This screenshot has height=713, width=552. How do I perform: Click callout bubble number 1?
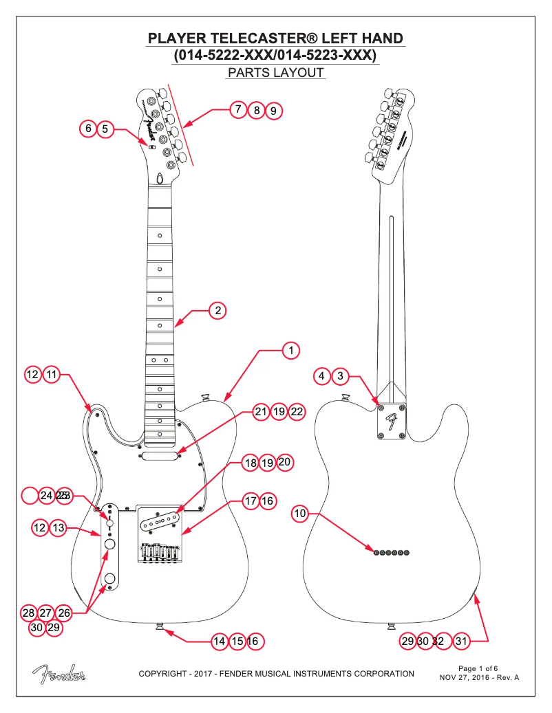click(291, 350)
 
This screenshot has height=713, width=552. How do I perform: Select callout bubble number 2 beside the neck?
click(217, 311)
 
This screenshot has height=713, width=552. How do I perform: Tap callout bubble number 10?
click(299, 513)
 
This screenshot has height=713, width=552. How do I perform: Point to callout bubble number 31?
click(462, 641)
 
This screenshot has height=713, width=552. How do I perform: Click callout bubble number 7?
click(238, 109)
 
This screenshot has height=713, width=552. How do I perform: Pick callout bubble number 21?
click(260, 412)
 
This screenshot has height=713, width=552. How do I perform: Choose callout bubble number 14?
click(220, 641)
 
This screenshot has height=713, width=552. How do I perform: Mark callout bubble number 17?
click(250, 501)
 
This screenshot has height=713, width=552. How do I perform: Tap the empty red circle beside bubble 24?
click(31, 495)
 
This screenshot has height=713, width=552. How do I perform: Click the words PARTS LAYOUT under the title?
click(275, 73)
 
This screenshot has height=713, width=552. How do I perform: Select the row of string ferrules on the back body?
click(392, 551)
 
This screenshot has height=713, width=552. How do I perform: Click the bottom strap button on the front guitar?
click(160, 626)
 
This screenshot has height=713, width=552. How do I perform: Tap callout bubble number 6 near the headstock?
click(88, 129)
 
